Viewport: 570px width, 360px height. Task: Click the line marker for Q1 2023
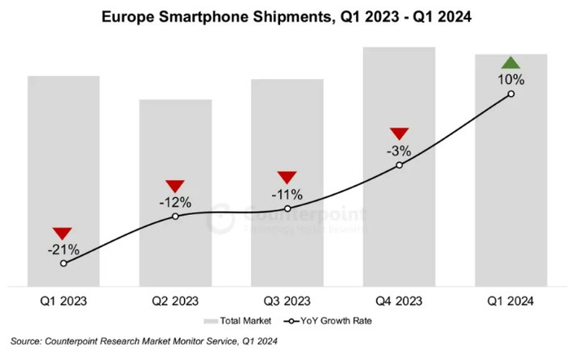[x=64, y=263]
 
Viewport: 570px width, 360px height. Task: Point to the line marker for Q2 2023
[x=175, y=217]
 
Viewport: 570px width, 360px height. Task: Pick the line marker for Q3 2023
[x=287, y=209]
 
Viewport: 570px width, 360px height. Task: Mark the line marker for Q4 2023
[x=399, y=165]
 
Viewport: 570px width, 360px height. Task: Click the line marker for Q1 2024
[x=511, y=94]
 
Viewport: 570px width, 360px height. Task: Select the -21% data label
[x=64, y=248]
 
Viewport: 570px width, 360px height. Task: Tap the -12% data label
[x=175, y=202]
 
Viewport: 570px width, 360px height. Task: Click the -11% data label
[x=287, y=195]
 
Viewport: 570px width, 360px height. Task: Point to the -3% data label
[x=399, y=151]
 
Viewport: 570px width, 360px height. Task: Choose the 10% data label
[x=511, y=80]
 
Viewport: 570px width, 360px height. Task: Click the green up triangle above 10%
[x=511, y=63]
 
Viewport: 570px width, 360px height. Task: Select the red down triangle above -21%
[x=64, y=233]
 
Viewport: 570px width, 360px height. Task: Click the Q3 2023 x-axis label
[x=287, y=301]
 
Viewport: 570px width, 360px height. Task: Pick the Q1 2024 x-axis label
[x=511, y=301]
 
